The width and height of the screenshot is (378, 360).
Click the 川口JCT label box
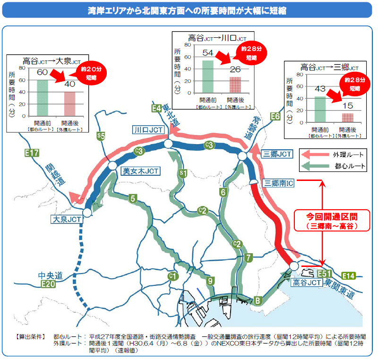click(x=148, y=130)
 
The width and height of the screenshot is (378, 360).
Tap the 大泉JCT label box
click(x=67, y=219)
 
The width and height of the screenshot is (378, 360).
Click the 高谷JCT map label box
click(x=304, y=283)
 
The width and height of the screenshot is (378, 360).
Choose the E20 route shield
click(x=48, y=284)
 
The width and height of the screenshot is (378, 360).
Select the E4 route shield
click(x=157, y=108)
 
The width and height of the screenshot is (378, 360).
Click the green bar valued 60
click(x=42, y=98)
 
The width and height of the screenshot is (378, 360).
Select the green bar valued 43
click(x=320, y=109)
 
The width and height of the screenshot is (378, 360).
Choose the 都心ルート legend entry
click(x=334, y=166)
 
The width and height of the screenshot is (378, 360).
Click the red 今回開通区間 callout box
click(x=331, y=221)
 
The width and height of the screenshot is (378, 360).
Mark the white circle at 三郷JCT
click(x=242, y=156)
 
